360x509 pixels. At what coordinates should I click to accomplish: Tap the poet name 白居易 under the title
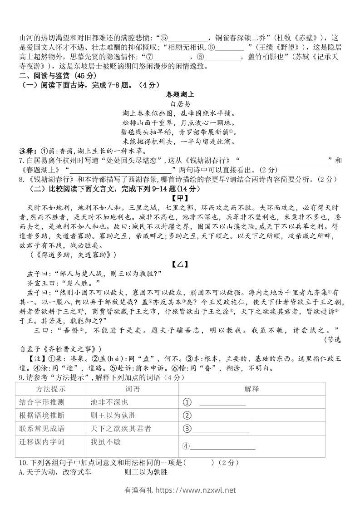(x=180, y=104)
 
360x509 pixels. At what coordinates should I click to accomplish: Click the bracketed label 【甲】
(x=180, y=198)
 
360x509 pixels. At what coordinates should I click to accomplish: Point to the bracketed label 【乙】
(x=180, y=264)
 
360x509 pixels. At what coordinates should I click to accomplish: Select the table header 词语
(x=132, y=389)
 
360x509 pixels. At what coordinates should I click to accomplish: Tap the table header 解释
(x=251, y=389)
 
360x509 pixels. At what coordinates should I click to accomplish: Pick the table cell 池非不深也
(x=109, y=402)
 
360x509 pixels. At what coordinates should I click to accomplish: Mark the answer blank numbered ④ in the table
(x=222, y=447)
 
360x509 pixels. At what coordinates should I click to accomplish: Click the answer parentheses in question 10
(x=198, y=463)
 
